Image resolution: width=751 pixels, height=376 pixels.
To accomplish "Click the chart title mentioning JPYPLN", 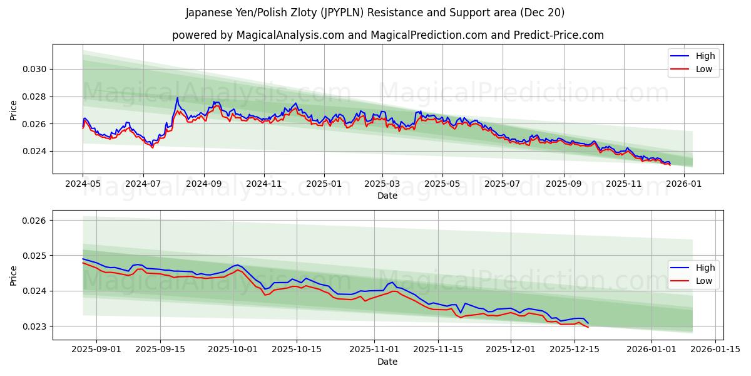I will point(375,13).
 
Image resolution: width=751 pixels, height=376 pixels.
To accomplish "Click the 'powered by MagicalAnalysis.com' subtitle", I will point(388,35).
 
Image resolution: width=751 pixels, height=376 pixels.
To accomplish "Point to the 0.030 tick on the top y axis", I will point(36,69).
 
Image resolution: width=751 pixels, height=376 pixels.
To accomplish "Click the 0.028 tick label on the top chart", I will point(36,97).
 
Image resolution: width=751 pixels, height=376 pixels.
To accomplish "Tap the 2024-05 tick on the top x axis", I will point(83,184).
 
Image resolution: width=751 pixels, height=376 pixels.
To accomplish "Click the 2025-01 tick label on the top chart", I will point(324,184).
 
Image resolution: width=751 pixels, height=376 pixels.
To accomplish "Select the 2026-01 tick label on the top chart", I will point(684,184).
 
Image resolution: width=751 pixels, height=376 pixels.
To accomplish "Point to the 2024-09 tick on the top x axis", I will point(203,184).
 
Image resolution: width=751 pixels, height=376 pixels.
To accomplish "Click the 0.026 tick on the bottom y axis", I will point(36,221).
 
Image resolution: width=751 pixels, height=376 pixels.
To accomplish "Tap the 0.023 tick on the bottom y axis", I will point(36,326).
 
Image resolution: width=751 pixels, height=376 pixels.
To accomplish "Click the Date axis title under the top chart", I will point(387,196).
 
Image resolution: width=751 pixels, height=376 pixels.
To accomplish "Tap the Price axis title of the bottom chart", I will point(14,275).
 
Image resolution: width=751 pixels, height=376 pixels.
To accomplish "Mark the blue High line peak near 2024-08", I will point(177,98).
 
